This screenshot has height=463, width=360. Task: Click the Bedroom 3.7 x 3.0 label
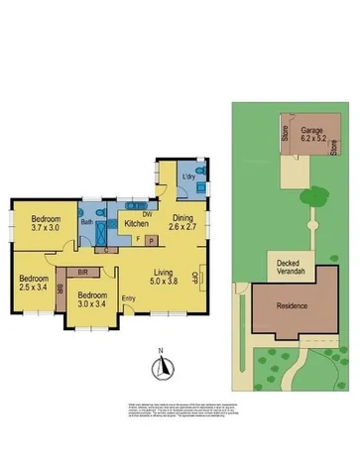coord(46,223)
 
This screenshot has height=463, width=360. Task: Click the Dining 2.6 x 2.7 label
coord(184,224)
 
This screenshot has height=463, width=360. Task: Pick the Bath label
coord(87,224)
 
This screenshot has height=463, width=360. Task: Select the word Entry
coord(129,299)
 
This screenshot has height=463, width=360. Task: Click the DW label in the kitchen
coord(146,213)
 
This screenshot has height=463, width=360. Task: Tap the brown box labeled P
coord(151,240)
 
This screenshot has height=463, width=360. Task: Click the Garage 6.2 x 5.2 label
coord(314,135)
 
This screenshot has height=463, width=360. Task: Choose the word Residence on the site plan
coord(293,306)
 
